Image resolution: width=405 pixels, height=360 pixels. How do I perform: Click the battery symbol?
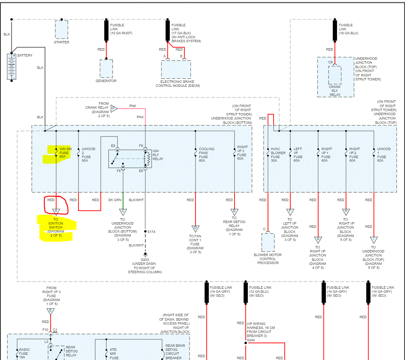coord(12,67)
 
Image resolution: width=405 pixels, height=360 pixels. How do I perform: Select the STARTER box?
coord(61,29)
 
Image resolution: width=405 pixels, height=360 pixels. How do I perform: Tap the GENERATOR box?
coord(106,68)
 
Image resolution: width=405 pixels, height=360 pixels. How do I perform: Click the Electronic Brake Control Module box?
coord(176,69)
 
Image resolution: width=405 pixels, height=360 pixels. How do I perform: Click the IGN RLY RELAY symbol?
coord(130,159)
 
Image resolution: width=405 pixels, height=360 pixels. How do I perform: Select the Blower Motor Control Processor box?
coord(268,242)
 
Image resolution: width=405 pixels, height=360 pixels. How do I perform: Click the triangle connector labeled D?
coord(195,229)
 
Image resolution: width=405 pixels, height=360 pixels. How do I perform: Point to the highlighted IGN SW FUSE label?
coord(64,153)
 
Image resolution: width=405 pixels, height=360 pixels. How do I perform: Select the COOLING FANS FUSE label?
coord(207,155)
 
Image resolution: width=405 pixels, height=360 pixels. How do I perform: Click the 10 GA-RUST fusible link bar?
coord(106,30)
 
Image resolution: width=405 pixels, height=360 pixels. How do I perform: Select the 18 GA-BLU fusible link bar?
coord(335,30)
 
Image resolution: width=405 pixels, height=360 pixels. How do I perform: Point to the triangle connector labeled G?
coord(318,240)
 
